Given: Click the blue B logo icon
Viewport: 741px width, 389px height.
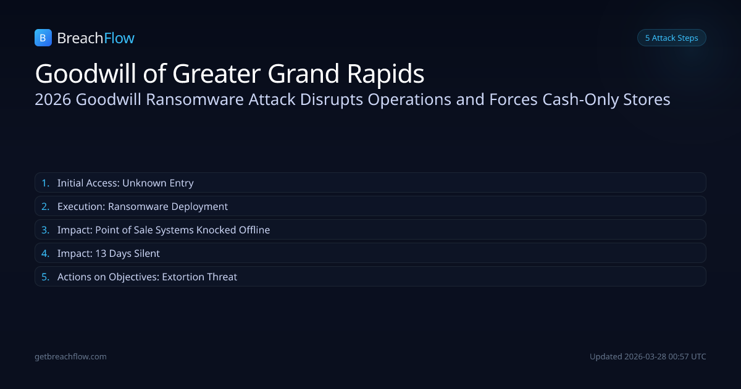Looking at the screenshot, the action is [43, 38].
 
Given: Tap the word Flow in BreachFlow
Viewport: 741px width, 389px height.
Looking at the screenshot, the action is [119, 38].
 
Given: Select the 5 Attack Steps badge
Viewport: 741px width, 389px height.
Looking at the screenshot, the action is [672, 38].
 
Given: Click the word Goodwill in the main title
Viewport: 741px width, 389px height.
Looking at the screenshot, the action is [85, 73].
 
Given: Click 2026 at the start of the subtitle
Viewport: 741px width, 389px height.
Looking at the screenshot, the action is [53, 99].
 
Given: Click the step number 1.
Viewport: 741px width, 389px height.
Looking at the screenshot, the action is [45, 183].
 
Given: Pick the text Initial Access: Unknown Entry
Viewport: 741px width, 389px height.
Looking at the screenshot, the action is [125, 183].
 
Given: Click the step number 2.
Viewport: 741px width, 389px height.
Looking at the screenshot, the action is [45, 206].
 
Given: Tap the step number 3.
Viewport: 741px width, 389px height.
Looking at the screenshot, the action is [45, 230].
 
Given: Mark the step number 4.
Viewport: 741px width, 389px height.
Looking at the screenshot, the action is [45, 253].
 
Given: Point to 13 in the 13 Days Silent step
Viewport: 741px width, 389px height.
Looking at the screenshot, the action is [101, 253].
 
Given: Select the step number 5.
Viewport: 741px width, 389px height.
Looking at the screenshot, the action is [45, 277].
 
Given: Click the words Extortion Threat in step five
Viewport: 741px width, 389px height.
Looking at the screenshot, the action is [199, 277].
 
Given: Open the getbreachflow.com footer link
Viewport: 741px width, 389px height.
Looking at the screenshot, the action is [70, 357].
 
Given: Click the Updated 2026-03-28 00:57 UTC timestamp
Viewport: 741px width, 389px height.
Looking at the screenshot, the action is [648, 357].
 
